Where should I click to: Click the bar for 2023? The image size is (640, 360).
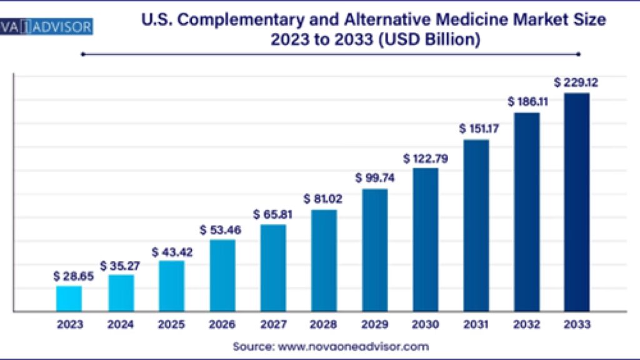click(69, 298)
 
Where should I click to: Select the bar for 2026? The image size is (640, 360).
click(222, 275)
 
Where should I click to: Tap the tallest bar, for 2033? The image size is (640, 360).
click(576, 202)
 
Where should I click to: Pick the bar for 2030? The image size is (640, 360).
click(425, 239)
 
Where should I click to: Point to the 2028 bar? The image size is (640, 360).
click(324, 260)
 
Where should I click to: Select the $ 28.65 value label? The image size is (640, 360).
click(73, 275)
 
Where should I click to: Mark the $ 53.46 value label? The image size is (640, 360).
click(220, 229)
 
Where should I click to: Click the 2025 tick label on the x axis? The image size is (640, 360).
click(171, 324)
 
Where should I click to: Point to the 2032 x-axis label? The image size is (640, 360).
click(526, 324)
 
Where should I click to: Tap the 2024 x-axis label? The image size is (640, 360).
click(121, 324)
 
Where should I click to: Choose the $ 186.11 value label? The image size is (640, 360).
click(527, 101)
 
